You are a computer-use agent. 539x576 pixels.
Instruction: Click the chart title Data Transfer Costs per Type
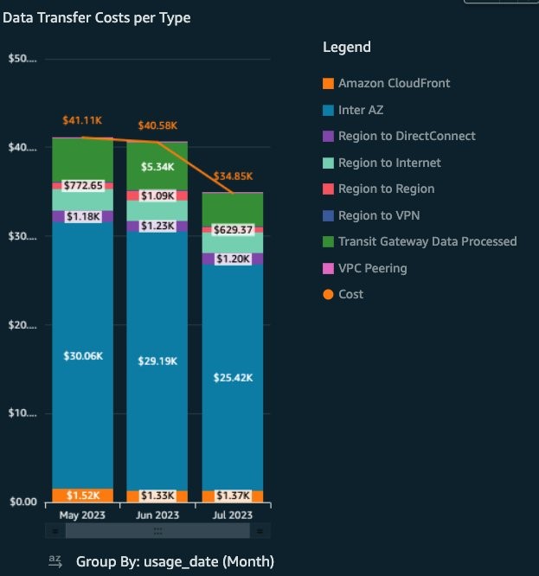(97, 17)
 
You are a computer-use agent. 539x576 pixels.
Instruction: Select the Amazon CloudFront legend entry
(394, 83)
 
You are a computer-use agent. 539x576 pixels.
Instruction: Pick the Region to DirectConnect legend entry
(407, 136)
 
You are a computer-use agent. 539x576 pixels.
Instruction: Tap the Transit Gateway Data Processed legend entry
(427, 241)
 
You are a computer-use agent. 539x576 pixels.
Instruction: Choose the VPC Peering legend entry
(372, 268)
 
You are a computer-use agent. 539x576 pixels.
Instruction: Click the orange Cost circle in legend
(328, 295)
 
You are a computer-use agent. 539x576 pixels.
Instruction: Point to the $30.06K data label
(83, 355)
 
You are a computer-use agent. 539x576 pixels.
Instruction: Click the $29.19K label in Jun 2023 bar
(157, 361)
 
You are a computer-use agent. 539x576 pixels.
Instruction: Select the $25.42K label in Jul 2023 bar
(233, 377)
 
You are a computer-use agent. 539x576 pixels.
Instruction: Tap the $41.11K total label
(83, 121)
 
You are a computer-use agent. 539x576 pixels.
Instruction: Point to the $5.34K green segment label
(157, 166)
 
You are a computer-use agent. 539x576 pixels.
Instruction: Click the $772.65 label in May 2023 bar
(83, 186)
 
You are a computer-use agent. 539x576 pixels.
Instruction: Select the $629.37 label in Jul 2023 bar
(233, 229)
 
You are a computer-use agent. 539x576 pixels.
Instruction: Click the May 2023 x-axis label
(82, 515)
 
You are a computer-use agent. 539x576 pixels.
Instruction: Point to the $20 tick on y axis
(22, 325)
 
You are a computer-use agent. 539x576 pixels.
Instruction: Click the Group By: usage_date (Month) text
(175, 560)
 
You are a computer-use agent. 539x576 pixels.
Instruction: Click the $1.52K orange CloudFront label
(83, 496)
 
